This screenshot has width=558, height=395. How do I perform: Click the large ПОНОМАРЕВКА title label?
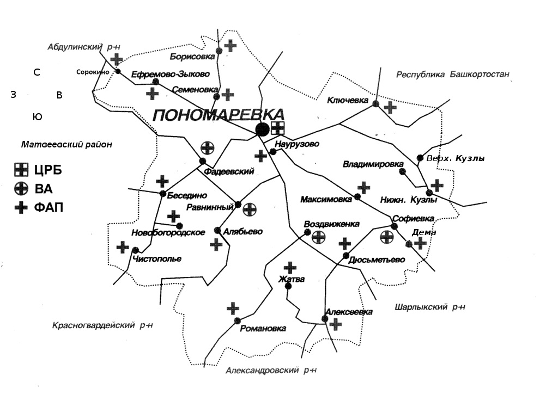click(219, 115)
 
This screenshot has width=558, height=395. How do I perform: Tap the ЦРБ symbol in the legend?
click(21, 171)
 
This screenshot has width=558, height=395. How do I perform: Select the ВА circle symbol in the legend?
click(21, 189)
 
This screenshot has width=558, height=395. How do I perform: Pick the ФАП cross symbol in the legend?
click(21, 207)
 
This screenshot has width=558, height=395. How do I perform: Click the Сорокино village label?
click(93, 72)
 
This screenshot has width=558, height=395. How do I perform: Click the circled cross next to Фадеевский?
click(207, 147)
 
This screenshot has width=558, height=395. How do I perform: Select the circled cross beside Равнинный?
click(250, 209)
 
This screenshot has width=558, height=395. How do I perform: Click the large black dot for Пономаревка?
click(263, 129)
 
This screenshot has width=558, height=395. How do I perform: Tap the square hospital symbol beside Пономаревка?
click(278, 128)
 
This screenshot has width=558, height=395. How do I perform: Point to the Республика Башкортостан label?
click(453, 75)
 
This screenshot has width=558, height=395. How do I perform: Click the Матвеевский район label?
click(66, 145)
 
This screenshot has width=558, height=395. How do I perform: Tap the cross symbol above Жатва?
click(290, 267)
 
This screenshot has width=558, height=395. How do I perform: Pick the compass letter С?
click(37, 72)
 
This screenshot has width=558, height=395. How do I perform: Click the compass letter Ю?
click(37, 117)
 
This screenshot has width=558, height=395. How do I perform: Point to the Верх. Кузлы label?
click(456, 159)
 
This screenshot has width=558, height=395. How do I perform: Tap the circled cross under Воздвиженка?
click(319, 237)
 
